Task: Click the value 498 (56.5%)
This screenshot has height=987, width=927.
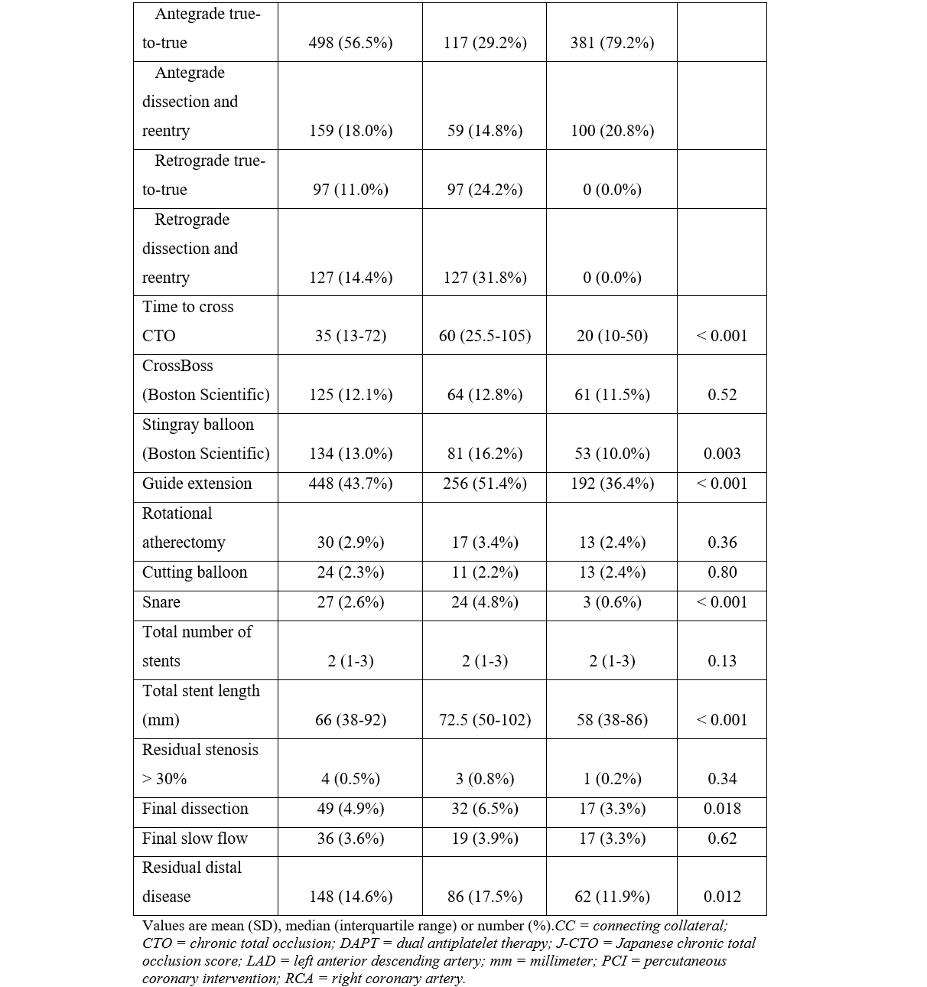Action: [x=350, y=43]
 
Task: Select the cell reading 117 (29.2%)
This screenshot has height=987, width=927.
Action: [x=485, y=43]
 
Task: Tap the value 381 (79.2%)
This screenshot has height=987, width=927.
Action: [x=612, y=43]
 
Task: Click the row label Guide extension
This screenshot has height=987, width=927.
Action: [x=197, y=484]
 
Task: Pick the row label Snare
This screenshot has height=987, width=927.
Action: [x=161, y=602]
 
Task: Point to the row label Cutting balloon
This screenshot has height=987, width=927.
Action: [x=194, y=572]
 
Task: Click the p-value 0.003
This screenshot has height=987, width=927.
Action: [x=722, y=454]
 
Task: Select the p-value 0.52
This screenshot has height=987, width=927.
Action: [x=722, y=395]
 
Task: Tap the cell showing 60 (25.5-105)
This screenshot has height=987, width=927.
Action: [x=485, y=336]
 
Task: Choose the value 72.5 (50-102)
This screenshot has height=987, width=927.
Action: [x=485, y=720]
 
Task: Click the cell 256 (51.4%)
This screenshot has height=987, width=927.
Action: [x=485, y=484]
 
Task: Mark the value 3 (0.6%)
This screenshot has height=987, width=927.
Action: [x=612, y=602]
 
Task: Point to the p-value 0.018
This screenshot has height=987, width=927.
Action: [x=722, y=809]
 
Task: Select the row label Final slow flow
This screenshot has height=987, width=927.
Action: [x=195, y=839]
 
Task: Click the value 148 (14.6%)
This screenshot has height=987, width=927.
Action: [x=350, y=897]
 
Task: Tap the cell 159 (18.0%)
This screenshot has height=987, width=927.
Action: [x=350, y=131]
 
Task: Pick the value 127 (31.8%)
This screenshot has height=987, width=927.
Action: [x=485, y=278]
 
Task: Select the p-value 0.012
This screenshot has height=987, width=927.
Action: [x=722, y=897]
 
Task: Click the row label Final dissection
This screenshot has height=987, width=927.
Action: [x=195, y=809]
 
